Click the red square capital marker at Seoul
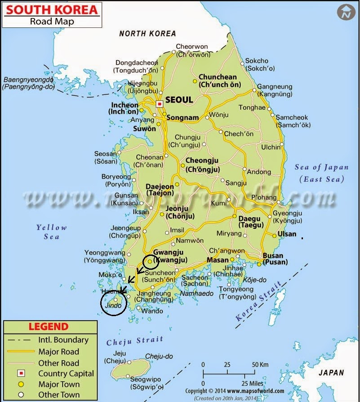click(159, 104)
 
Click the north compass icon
click(346, 13)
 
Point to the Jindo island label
click(112, 305)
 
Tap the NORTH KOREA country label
click(147, 33)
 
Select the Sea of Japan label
click(321, 168)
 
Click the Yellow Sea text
click(51, 232)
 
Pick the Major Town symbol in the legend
click(21, 384)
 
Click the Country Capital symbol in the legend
click(21, 374)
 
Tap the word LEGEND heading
click(49, 326)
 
